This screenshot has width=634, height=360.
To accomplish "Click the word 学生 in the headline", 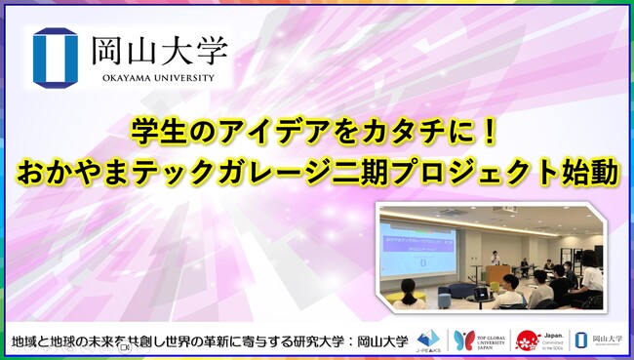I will tap(152, 128).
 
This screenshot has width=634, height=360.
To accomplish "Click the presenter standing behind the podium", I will tap(495, 260).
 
